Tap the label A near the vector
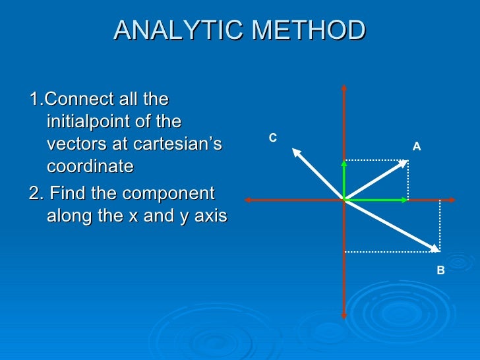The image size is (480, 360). point(416,147)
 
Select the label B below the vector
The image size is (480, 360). point(440,270)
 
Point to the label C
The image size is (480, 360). point(272,138)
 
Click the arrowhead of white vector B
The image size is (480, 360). point(435,249)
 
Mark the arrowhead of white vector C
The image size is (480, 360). point(296,152)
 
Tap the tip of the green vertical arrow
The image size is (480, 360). point(344,160)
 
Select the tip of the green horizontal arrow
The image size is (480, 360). point(405,199)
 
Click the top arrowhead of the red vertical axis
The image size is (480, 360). point(344,87)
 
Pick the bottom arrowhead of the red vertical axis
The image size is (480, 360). point(344,315)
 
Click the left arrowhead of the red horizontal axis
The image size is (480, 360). point(247,199)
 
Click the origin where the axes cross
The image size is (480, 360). point(344,199)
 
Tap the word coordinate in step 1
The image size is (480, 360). point(90,166)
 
